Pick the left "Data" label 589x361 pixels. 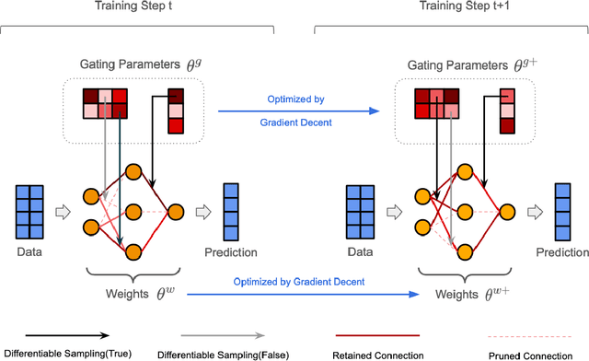tap(31, 251)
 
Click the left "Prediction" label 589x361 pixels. tap(231, 251)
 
